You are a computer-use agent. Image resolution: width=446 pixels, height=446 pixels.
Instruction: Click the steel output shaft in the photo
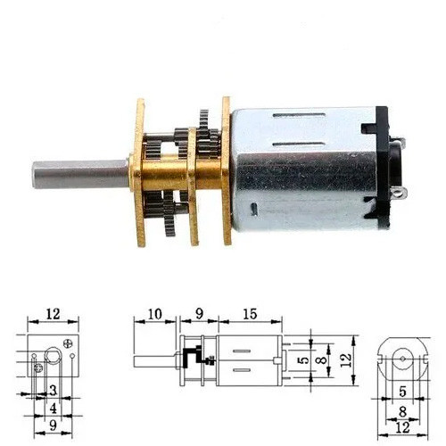81,174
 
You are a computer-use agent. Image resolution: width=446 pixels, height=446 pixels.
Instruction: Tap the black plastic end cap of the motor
383,167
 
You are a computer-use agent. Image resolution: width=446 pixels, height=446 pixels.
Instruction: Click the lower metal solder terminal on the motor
400,194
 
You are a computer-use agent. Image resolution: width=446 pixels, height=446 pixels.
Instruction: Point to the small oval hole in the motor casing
253,208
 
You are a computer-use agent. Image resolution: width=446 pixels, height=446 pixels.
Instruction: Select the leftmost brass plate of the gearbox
139,172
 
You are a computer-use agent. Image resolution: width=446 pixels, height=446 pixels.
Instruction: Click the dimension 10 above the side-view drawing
154,314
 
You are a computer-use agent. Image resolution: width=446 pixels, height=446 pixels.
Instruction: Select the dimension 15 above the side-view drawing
250,314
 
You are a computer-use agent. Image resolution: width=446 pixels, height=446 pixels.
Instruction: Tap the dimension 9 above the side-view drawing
199,314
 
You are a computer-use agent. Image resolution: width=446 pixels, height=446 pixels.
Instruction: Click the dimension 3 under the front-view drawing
53,391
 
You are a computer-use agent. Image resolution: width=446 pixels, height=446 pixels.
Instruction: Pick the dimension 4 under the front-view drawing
53,409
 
